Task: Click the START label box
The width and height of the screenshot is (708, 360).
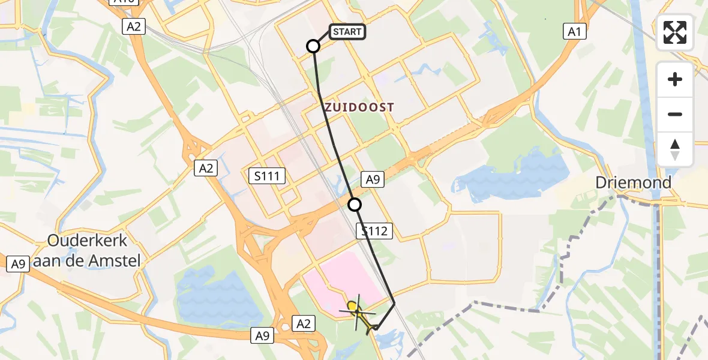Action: (x=347, y=32)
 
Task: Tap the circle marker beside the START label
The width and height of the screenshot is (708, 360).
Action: (x=313, y=46)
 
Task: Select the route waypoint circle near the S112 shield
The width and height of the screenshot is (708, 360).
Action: (x=355, y=205)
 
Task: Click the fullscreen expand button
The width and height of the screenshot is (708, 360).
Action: (x=675, y=32)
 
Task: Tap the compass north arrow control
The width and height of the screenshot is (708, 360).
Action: (x=675, y=149)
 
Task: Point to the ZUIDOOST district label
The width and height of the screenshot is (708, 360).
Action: (x=359, y=107)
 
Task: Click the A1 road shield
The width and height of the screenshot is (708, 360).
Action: (x=575, y=32)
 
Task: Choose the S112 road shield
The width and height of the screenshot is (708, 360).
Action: (x=375, y=230)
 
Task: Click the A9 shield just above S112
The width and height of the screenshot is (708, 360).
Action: (x=372, y=179)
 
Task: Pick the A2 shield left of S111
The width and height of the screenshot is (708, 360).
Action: (x=206, y=169)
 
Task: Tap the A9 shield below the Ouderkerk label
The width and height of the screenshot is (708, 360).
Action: (x=18, y=264)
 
